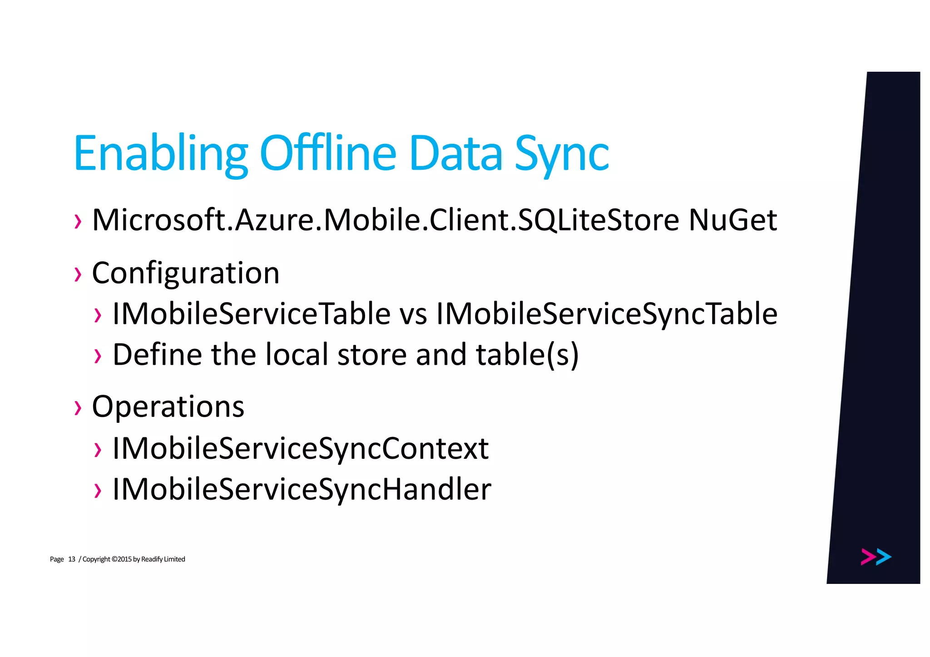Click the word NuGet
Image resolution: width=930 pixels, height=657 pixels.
point(732,220)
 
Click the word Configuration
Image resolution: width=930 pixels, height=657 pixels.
point(186,273)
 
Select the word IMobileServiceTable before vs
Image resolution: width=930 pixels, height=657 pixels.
point(251,314)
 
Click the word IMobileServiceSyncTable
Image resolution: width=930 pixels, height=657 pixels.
point(607,314)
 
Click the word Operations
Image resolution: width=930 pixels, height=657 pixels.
point(168,407)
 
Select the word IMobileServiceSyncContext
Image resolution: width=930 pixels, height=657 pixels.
point(300,448)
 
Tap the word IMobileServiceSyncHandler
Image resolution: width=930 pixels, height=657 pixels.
point(302,489)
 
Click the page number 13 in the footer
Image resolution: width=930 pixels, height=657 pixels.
point(71,559)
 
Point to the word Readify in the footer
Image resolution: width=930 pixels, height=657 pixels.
point(152,559)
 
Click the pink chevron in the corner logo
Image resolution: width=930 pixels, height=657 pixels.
point(868,557)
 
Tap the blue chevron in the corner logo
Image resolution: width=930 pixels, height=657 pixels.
point(884,557)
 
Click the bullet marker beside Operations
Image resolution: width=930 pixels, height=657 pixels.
point(78,407)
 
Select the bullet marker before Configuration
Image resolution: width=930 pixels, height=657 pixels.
point(78,274)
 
